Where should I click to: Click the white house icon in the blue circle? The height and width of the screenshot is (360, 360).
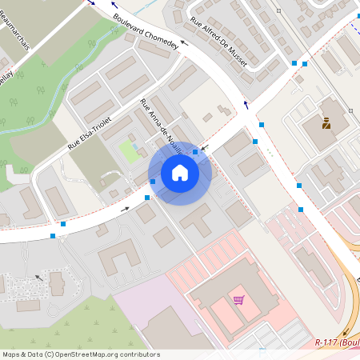180,173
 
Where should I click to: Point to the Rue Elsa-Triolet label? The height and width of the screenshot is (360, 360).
90,133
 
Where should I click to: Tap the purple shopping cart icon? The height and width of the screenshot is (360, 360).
238,300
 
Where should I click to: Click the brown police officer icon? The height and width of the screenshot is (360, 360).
326,123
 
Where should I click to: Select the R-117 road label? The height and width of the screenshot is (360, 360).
336,342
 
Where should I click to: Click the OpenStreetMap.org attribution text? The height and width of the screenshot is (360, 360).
107,354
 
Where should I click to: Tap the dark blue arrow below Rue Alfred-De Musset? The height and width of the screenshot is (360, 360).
246,105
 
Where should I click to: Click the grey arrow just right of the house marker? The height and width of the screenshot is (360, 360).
205,147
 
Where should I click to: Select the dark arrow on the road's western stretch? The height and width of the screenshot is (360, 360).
124,209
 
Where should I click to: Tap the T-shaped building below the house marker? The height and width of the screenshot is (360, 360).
195,218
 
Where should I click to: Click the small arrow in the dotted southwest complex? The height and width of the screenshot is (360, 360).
38,278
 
